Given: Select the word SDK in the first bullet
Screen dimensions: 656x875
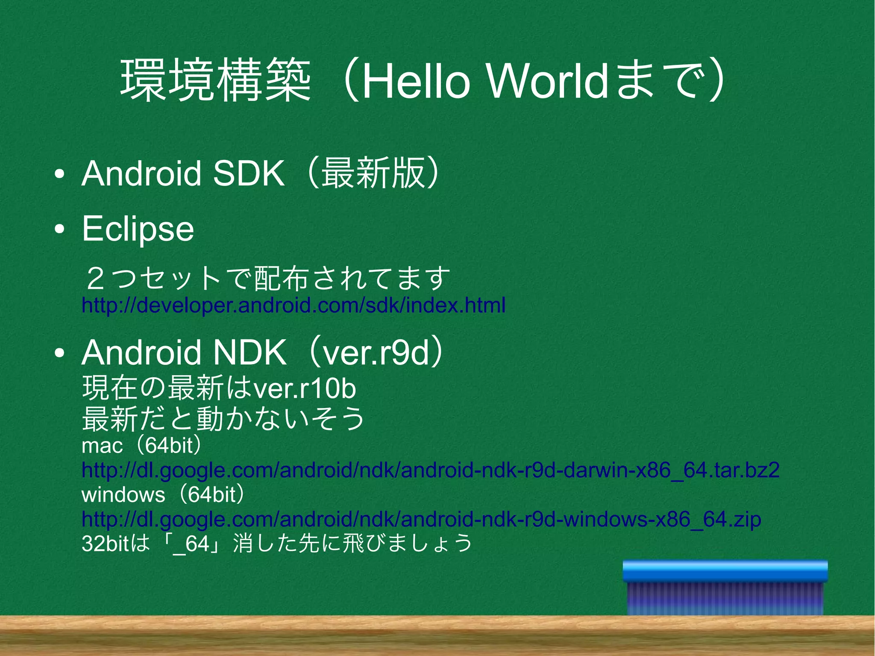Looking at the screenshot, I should (x=248, y=174).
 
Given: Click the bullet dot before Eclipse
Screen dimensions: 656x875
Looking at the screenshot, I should (x=59, y=229).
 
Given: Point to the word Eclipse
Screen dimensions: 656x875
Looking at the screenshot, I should (x=138, y=229).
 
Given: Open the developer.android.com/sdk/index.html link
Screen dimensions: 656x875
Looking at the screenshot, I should (x=293, y=305).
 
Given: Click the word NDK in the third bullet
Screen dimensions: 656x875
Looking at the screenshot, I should (x=250, y=353).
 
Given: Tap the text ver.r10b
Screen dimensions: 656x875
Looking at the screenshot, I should (x=305, y=388).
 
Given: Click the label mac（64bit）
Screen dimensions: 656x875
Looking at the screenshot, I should (x=141, y=446).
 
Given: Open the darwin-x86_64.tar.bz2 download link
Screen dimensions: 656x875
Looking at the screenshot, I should (x=430, y=470).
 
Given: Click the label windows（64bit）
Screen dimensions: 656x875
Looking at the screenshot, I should (x=163, y=495).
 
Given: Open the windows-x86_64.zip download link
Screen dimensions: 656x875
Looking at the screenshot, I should (x=421, y=519).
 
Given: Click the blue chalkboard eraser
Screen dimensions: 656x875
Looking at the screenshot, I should (x=725, y=588).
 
